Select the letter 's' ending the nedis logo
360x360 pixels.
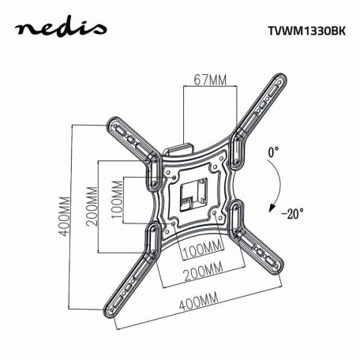98,32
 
